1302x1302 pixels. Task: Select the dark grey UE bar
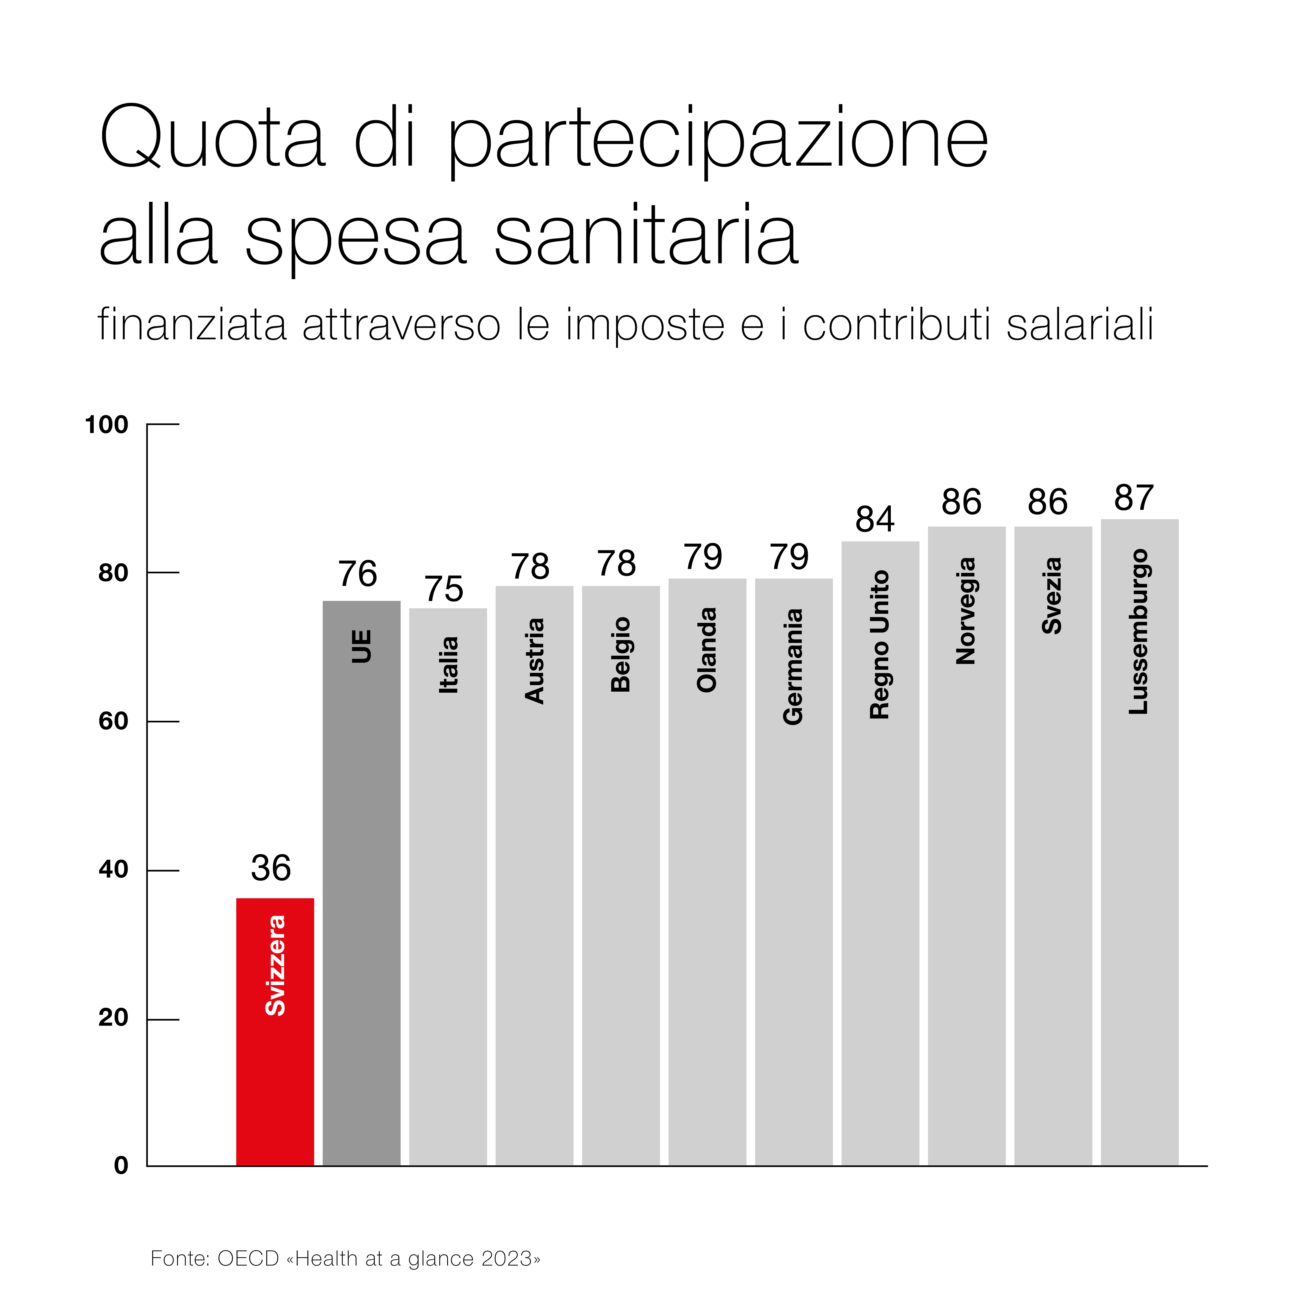(x=361, y=910)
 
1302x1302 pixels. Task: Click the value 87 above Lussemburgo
(x=1134, y=498)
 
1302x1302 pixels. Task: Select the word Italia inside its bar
(x=448, y=665)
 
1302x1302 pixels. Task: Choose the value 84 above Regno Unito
(x=875, y=519)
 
